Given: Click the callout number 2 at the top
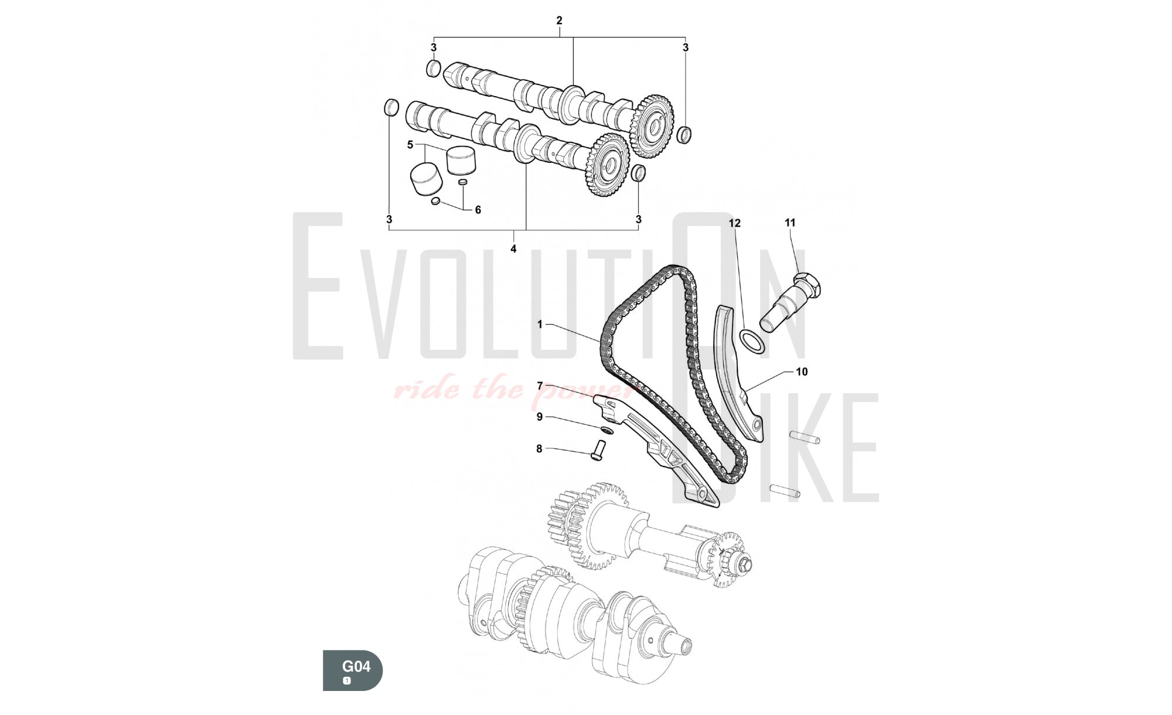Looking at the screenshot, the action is (x=559, y=21).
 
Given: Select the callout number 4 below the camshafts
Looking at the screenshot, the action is (x=513, y=249).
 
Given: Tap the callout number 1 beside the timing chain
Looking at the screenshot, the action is (x=540, y=324).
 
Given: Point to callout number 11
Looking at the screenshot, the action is (x=791, y=223).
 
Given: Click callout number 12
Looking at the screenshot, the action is (x=735, y=223).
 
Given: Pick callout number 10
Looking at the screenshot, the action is (x=802, y=372).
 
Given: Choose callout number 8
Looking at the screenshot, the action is (x=539, y=450).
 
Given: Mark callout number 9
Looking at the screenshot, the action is (x=540, y=417).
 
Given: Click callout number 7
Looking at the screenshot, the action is (x=540, y=386).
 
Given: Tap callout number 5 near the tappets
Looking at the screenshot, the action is (x=410, y=145).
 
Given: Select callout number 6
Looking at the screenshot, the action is (x=478, y=210).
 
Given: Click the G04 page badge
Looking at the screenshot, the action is (x=353, y=670).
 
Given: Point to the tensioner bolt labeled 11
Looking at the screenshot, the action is (x=791, y=299).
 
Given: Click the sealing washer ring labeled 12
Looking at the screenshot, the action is (x=753, y=343).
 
